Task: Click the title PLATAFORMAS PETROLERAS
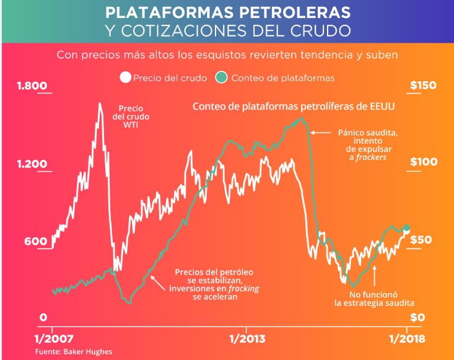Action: pos(227,12)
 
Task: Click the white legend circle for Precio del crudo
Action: pos(126,77)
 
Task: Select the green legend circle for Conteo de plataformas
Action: pos(222,77)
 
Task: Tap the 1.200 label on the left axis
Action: pos(31,164)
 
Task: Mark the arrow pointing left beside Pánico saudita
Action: pos(320,132)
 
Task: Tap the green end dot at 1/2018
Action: pos(407,227)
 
